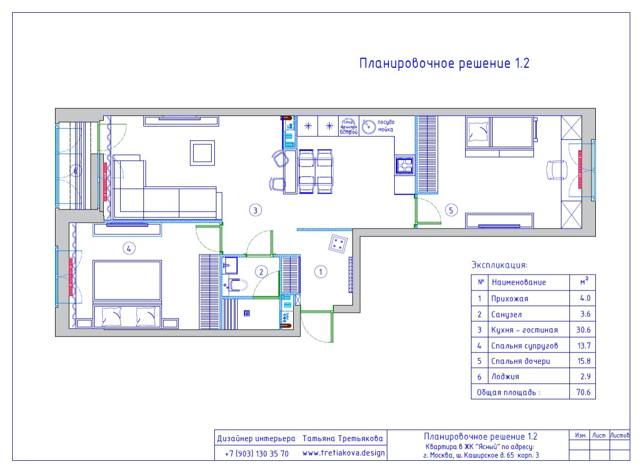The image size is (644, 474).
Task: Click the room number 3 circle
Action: point(255,210)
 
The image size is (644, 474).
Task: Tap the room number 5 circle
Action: point(451,210)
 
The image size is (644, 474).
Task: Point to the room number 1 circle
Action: point(321,272)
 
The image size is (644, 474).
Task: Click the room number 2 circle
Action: point(261,272)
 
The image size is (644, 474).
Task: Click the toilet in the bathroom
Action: point(238,286)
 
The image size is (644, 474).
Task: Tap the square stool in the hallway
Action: point(339,244)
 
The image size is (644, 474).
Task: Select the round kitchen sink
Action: point(369,125)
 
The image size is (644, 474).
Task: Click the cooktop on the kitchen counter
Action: point(404,165)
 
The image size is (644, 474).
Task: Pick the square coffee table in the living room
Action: point(202,153)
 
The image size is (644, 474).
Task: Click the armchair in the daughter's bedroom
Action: point(555,170)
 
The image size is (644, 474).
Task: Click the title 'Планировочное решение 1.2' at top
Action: point(445,64)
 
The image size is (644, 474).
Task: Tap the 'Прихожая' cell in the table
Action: point(510,298)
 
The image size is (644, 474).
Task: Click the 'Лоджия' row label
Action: point(505,377)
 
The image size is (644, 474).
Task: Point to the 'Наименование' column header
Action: point(518,282)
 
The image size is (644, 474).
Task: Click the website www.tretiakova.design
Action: point(343,453)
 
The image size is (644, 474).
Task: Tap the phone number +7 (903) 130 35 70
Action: point(257,454)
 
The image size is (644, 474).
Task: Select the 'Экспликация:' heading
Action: point(500,265)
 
